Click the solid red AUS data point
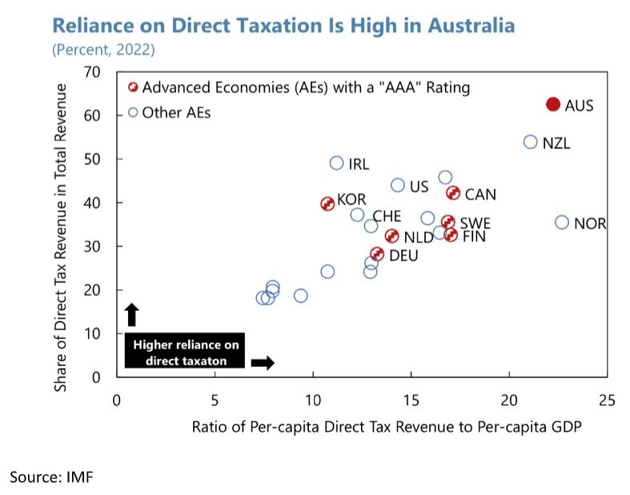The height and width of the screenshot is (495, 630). pyautogui.click(x=552, y=104)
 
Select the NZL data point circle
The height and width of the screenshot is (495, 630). pyautogui.click(x=530, y=142)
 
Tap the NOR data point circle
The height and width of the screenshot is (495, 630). pyautogui.click(x=562, y=222)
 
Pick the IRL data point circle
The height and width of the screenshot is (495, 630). pyautogui.click(x=336, y=163)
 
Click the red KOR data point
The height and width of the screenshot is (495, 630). pyautogui.click(x=327, y=203)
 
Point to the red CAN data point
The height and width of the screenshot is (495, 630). pyautogui.click(x=452, y=193)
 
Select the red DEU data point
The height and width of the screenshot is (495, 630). pyautogui.click(x=377, y=254)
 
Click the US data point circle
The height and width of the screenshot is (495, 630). pyautogui.click(x=398, y=185)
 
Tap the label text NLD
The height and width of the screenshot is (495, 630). pyautogui.click(x=418, y=237)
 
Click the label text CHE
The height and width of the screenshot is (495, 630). pyautogui.click(x=387, y=216)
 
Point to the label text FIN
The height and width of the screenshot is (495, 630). pyautogui.click(x=474, y=236)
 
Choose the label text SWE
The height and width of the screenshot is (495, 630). pyautogui.click(x=475, y=223)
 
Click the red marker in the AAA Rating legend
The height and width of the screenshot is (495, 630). pyautogui.click(x=133, y=87)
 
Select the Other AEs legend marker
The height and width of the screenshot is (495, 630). pyautogui.click(x=133, y=112)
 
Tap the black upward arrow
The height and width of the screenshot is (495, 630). pyautogui.click(x=133, y=313)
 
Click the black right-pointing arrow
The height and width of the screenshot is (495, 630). pyautogui.click(x=263, y=362)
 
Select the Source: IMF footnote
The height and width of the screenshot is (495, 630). pyautogui.click(x=51, y=477)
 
